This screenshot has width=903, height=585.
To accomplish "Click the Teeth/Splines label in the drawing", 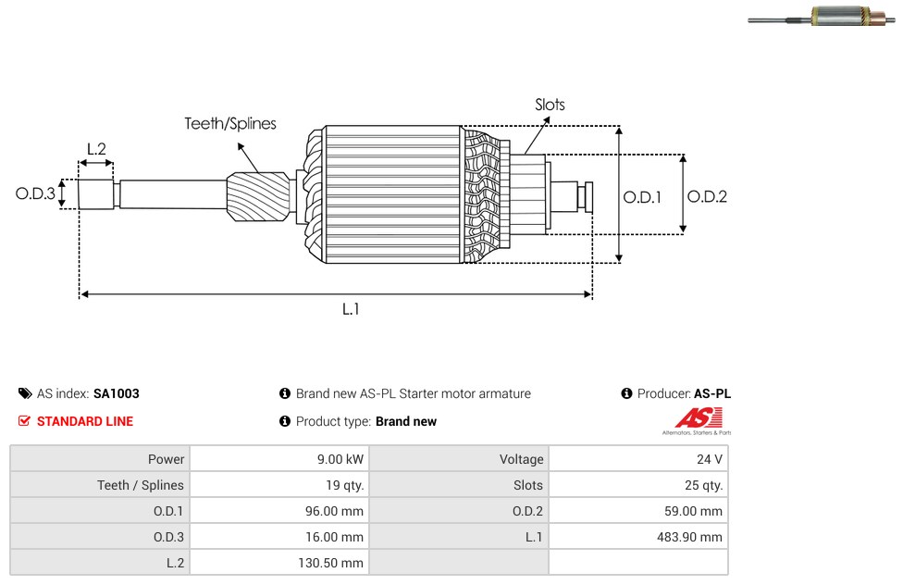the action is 230,124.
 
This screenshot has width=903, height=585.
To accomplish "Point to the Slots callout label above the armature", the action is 550,105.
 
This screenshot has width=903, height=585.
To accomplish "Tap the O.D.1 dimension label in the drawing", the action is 642,197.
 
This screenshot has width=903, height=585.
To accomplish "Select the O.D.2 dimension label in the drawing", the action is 707,196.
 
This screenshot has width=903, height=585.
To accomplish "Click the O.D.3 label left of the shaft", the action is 35,193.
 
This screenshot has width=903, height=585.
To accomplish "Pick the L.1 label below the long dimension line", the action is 351,309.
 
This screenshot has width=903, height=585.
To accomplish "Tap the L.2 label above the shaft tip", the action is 97,149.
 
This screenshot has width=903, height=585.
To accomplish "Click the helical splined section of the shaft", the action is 258,196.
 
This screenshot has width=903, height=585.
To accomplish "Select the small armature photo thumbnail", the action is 822,16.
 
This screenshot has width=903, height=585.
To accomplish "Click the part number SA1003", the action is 117,393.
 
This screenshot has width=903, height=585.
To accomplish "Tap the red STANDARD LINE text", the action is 85,421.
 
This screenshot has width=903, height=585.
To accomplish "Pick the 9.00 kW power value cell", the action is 280,459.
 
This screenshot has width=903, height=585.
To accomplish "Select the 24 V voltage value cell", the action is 638,459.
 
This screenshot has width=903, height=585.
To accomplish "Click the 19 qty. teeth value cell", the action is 280,485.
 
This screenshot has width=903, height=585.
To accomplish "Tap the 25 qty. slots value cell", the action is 638,485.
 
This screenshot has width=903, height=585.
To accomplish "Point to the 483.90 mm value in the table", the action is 689,537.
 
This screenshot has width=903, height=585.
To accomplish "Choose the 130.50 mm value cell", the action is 280,563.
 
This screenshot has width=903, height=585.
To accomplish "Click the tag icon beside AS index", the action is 25,393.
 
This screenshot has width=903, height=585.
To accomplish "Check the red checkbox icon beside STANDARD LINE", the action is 24,421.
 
